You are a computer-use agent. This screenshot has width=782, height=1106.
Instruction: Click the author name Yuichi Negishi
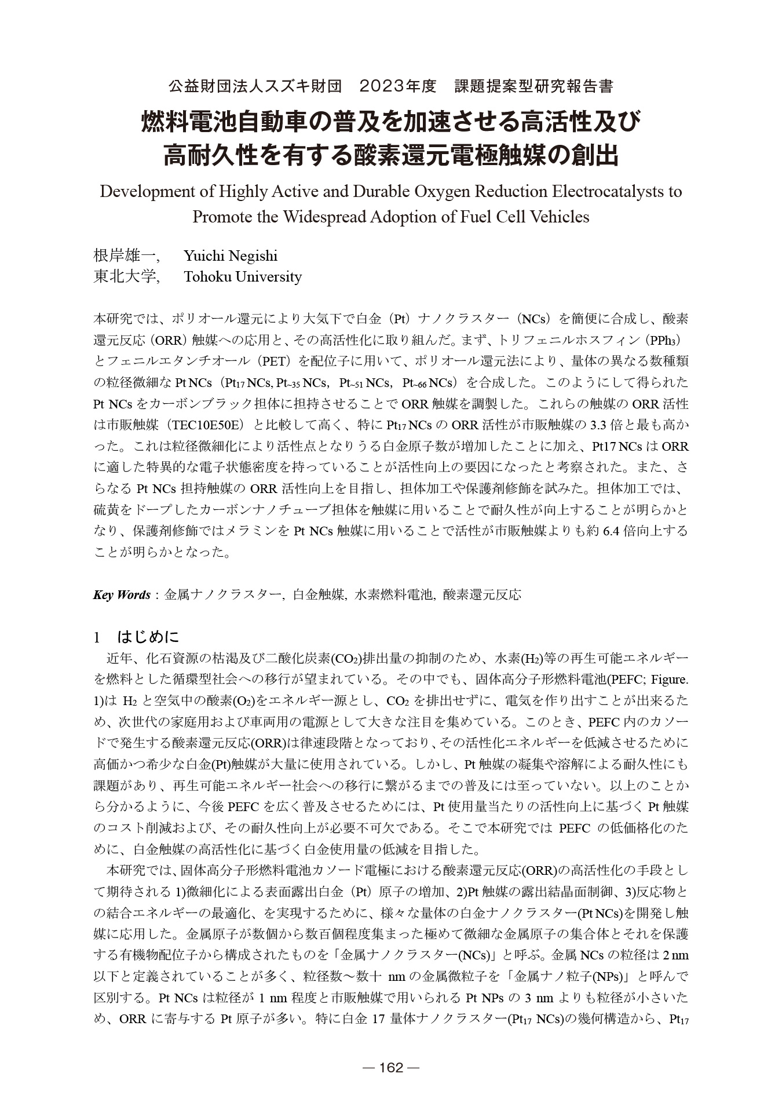click(x=231, y=255)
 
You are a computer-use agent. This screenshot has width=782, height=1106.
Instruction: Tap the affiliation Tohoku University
click(x=243, y=277)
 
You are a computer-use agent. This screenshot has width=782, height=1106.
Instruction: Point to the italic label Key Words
click(x=122, y=595)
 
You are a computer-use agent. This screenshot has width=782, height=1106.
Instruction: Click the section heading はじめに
click(x=148, y=637)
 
